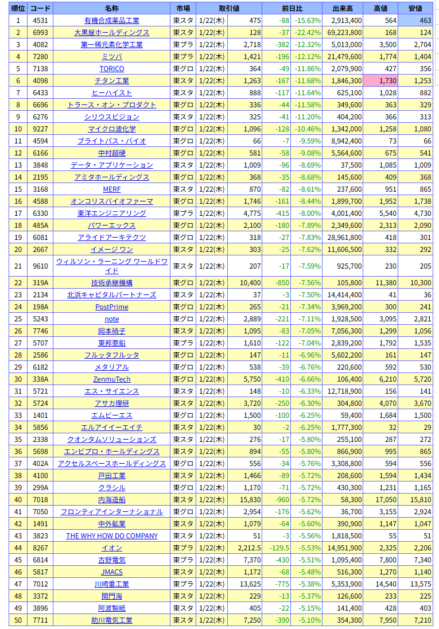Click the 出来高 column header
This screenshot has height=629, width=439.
click(x=343, y=8)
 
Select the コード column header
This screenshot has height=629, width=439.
click(x=40, y=8)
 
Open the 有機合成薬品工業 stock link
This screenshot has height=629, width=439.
click(x=112, y=21)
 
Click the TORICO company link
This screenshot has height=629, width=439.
click(x=112, y=69)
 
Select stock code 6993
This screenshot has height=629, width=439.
click(x=40, y=33)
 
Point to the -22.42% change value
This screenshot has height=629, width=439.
click(x=308, y=33)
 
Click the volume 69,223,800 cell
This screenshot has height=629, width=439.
click(x=343, y=33)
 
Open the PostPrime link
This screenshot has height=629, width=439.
click(x=112, y=307)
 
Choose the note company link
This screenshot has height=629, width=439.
click(x=112, y=319)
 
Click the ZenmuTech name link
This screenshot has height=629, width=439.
click(x=112, y=379)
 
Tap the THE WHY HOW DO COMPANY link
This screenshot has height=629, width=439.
click(x=112, y=536)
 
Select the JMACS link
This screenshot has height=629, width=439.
click(x=112, y=572)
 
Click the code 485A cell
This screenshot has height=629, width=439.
click(x=40, y=226)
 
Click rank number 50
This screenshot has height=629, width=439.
click(x=18, y=620)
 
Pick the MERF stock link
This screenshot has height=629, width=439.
click(x=112, y=189)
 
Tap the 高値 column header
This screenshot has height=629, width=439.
click(x=380, y=8)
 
